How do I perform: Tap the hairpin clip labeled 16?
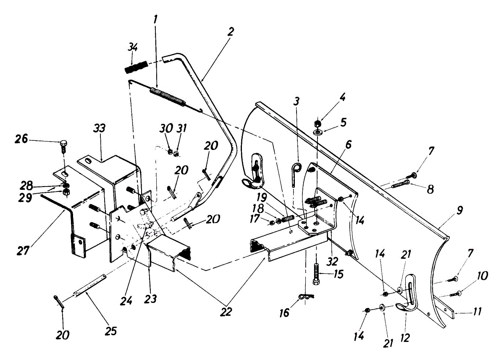306,297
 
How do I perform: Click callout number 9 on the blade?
459,211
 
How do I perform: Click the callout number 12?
405,336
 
